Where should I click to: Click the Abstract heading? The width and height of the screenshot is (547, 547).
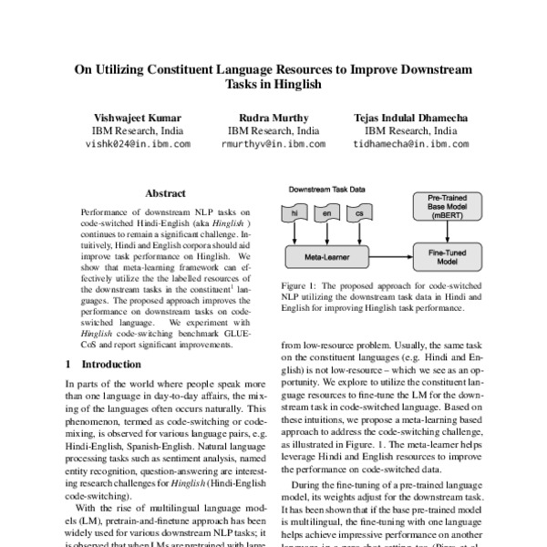165,193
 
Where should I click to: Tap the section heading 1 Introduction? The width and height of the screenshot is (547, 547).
104,365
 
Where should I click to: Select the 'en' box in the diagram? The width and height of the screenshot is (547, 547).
325,213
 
